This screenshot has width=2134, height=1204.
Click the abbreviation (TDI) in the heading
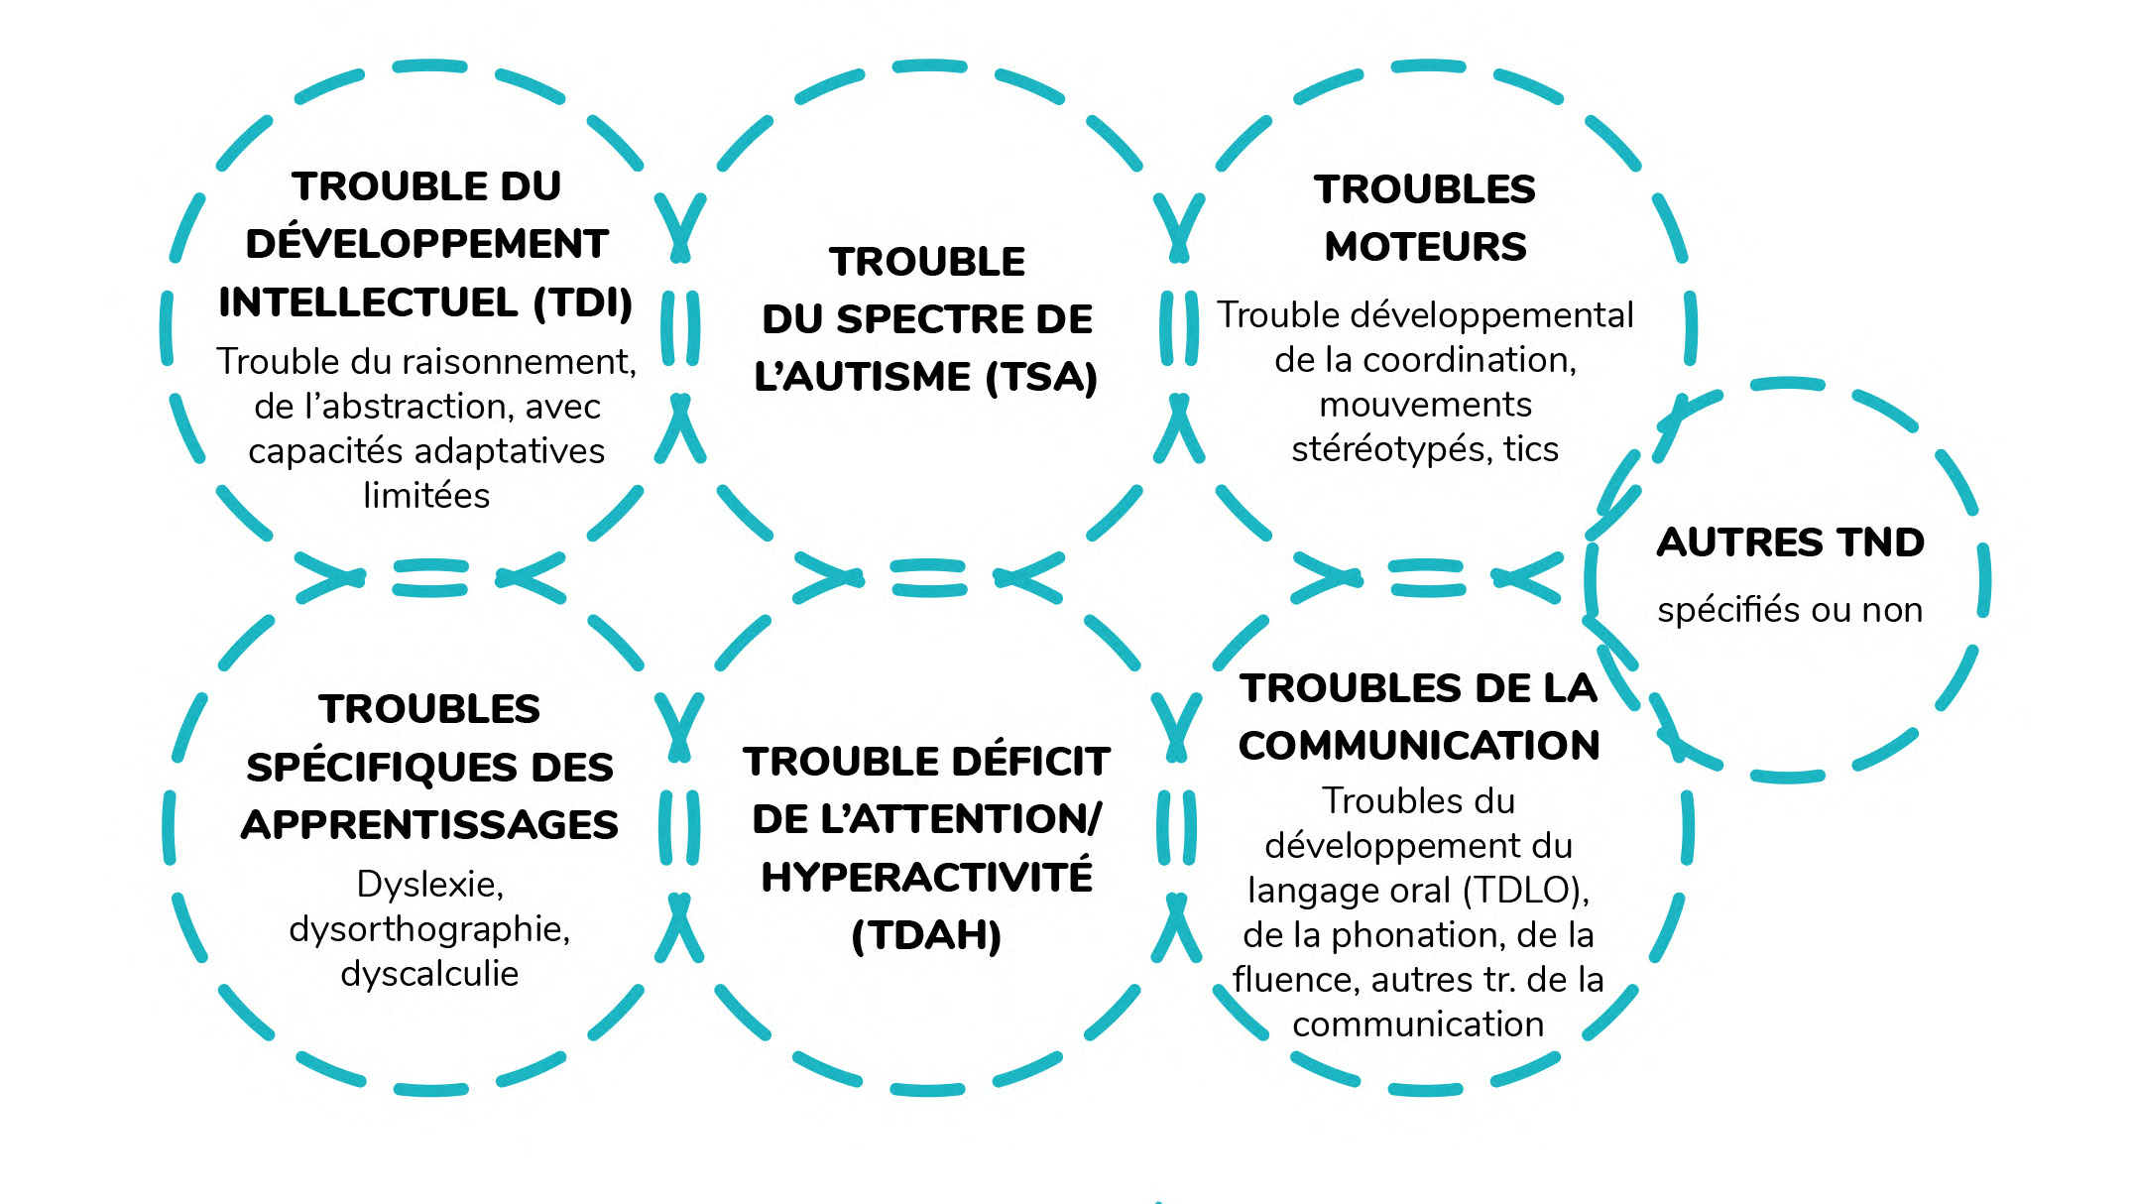pyautogui.click(x=583, y=302)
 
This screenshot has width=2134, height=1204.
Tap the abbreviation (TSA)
pyautogui.click(x=1041, y=377)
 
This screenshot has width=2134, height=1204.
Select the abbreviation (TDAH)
pyautogui.click(x=927, y=935)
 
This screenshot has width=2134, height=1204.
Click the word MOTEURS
pyautogui.click(x=1425, y=246)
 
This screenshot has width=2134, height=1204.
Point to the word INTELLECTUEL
pyautogui.click(x=368, y=302)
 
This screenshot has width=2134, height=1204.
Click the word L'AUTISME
pyautogui.click(x=863, y=377)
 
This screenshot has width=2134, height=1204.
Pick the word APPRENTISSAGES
pyautogui.click(x=429, y=825)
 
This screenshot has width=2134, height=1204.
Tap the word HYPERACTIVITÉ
pyautogui.click(x=927, y=877)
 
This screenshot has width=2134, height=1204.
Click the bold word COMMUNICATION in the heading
pyautogui.click(x=1419, y=746)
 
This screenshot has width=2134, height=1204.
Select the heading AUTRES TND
pyautogui.click(x=1791, y=542)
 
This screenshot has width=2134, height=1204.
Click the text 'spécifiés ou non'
pyautogui.click(x=1790, y=610)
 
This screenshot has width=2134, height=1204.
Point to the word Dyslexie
pyautogui.click(x=429, y=884)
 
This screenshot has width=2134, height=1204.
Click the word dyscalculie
pyautogui.click(x=429, y=974)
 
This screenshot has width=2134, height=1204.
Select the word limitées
pyautogui.click(x=426, y=495)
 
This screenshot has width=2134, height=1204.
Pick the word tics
pyautogui.click(x=1531, y=449)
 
